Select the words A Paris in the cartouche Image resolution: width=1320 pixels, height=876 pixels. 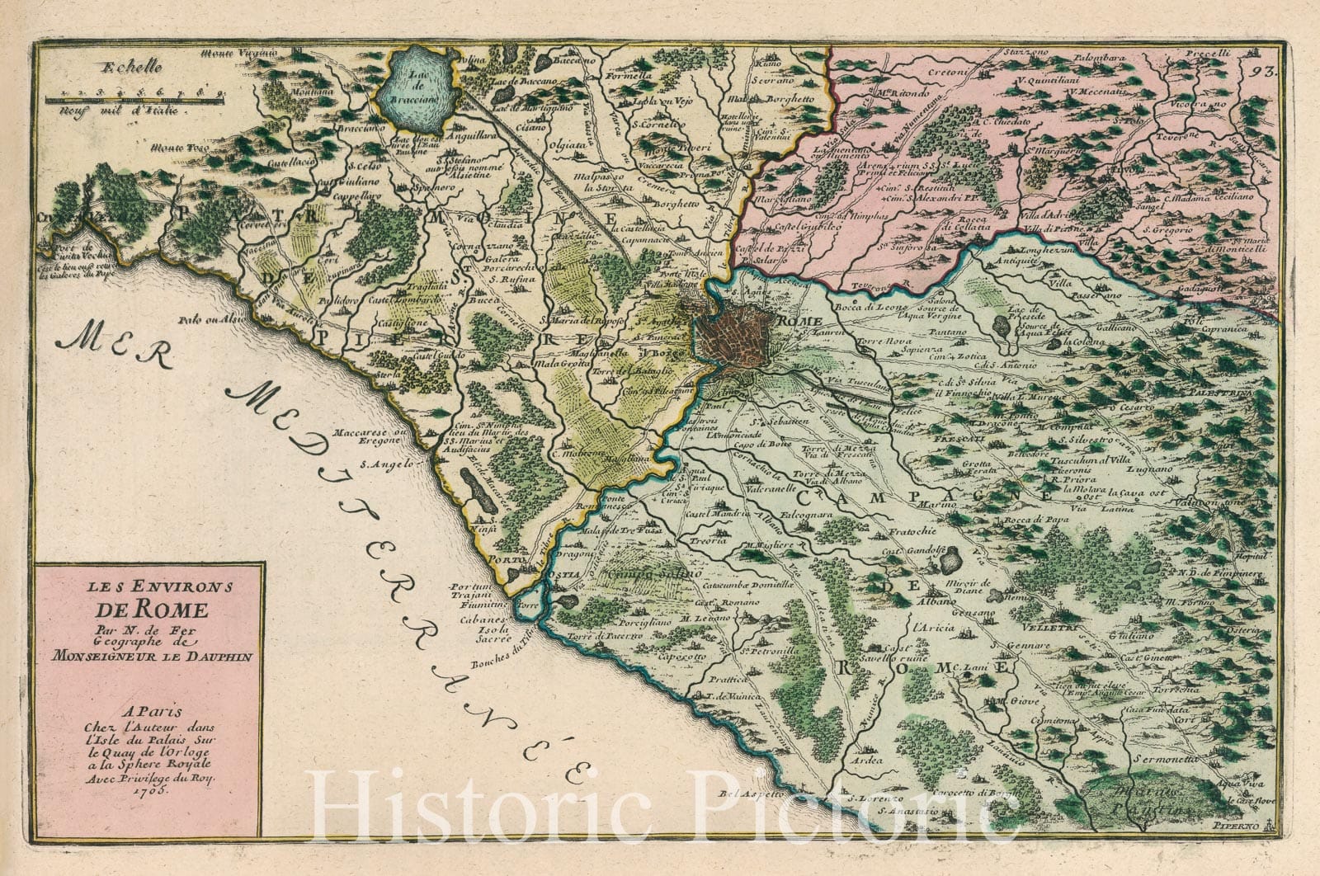[x=147, y=708]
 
